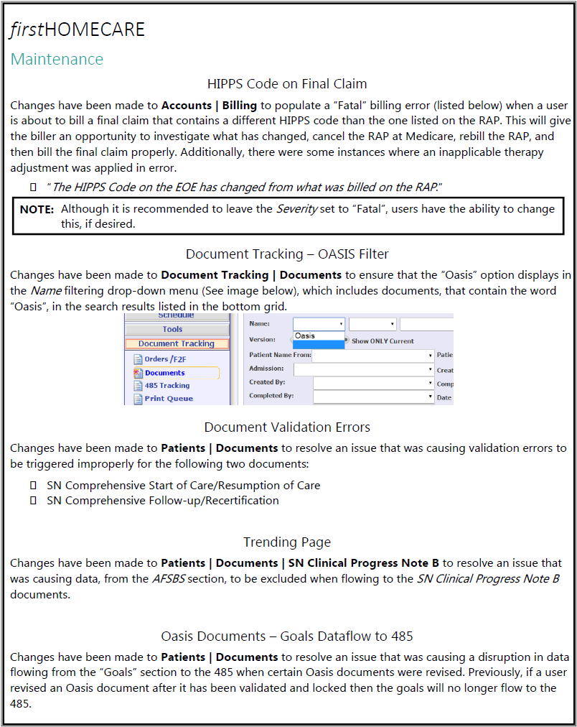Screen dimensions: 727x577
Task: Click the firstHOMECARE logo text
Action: (78, 29)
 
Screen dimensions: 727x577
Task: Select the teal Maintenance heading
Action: (57, 59)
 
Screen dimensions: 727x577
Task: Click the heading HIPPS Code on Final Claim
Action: (287, 84)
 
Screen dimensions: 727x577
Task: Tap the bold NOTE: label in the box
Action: (37, 209)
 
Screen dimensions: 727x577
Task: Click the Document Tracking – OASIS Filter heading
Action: (287, 254)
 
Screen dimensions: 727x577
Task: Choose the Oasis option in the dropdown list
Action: (306, 335)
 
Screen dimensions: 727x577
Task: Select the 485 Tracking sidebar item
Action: (166, 386)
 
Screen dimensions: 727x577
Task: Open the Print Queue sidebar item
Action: (168, 399)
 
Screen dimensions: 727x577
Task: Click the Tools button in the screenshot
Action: (172, 329)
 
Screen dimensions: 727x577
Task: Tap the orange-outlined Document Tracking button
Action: (177, 343)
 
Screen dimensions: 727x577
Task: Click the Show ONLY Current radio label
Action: (382, 341)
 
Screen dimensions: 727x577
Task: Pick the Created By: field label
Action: (267, 382)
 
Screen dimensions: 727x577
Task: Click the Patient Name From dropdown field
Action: (372, 355)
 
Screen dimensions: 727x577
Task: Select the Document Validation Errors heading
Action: (287, 427)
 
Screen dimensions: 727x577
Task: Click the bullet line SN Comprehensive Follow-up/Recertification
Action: (163, 500)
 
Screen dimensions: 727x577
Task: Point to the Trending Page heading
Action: (287, 542)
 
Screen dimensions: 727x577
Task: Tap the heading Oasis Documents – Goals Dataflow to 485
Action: (287, 636)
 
